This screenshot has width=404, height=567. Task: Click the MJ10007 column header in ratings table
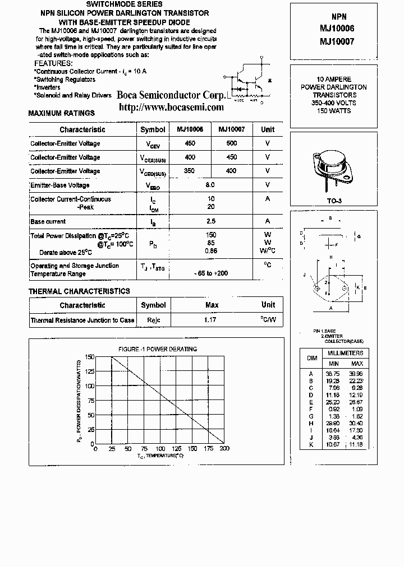click(x=231, y=129)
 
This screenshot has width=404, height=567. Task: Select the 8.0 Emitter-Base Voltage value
click(x=210, y=184)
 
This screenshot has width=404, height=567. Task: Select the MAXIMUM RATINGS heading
click(x=61, y=113)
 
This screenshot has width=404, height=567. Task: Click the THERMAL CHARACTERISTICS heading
click(x=79, y=291)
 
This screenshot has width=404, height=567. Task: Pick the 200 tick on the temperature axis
click(x=224, y=449)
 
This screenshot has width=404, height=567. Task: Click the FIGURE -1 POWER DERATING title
click(x=158, y=349)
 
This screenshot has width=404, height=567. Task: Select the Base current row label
click(x=48, y=221)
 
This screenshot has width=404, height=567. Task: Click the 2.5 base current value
click(x=210, y=221)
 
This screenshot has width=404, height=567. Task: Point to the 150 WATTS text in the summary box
click(x=333, y=111)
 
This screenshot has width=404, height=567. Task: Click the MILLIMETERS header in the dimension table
click(x=346, y=353)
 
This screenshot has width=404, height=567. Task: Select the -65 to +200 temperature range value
click(x=210, y=273)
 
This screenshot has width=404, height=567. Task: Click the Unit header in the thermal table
click(x=268, y=305)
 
